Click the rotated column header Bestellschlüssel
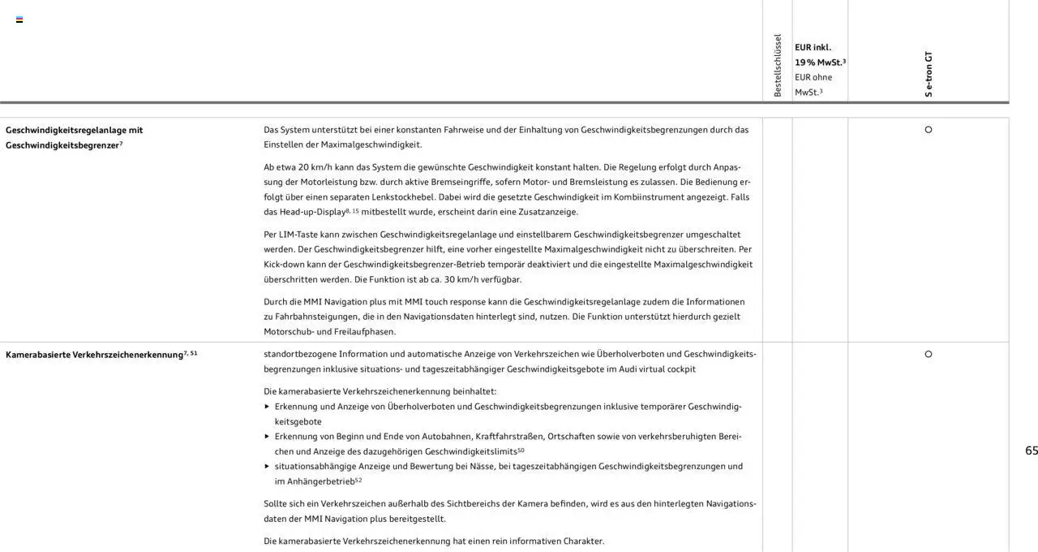click(x=778, y=66)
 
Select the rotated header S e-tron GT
click(x=929, y=74)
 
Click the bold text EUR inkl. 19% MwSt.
click(x=819, y=54)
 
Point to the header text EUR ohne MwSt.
click(x=813, y=84)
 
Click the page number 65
click(x=1031, y=451)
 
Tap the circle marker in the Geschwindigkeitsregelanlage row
click(x=929, y=130)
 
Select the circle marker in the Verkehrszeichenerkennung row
click(x=929, y=354)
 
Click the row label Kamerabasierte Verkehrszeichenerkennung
click(x=94, y=355)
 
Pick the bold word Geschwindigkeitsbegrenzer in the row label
click(x=62, y=145)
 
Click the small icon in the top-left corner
click(x=19, y=19)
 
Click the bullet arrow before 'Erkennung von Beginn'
click(x=268, y=436)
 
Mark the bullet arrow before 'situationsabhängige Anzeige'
click(x=268, y=466)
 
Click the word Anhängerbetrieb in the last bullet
click(x=320, y=481)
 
